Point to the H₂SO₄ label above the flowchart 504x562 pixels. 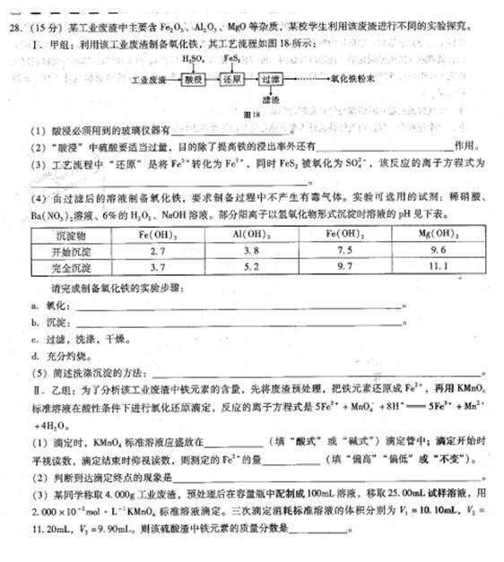(x=192, y=59)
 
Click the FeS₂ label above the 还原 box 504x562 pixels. (x=231, y=59)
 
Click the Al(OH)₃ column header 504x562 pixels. (x=250, y=234)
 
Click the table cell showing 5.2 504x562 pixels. (x=250, y=267)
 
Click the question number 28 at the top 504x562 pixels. (x=13, y=27)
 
